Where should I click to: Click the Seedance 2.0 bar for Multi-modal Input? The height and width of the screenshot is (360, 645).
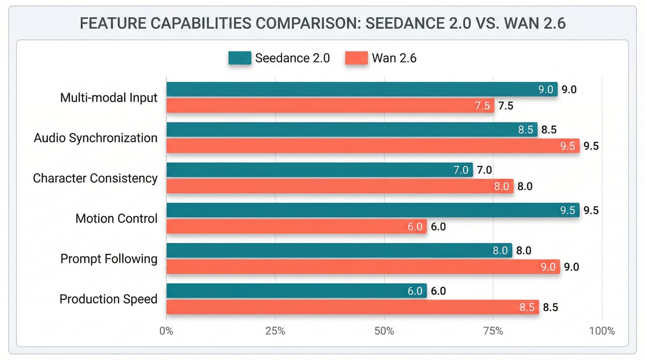click(361, 89)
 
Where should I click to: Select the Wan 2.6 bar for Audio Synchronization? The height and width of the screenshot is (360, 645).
click(373, 146)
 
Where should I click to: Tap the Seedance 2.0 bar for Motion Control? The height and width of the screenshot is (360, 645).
click(373, 210)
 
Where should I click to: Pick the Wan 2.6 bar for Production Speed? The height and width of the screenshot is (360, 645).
click(352, 307)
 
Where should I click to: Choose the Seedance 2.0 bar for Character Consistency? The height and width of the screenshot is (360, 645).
click(319, 170)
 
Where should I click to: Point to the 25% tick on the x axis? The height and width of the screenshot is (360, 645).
click(275, 331)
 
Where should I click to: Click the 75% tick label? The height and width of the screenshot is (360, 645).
click(493, 331)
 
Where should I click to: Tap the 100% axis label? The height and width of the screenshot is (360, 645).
click(601, 331)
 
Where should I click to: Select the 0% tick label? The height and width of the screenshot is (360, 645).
click(166, 331)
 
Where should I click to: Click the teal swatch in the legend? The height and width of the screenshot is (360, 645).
click(240, 58)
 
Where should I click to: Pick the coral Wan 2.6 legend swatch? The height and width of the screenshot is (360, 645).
click(356, 58)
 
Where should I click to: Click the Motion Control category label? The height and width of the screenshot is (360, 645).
click(116, 218)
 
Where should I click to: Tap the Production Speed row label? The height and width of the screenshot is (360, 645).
click(108, 299)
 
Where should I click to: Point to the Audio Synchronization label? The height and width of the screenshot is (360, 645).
click(96, 138)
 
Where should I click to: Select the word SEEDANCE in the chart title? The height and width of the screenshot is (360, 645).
click(405, 23)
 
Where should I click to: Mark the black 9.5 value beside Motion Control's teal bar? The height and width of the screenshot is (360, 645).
click(591, 210)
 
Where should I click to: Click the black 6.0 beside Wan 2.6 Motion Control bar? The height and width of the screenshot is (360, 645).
click(438, 227)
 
